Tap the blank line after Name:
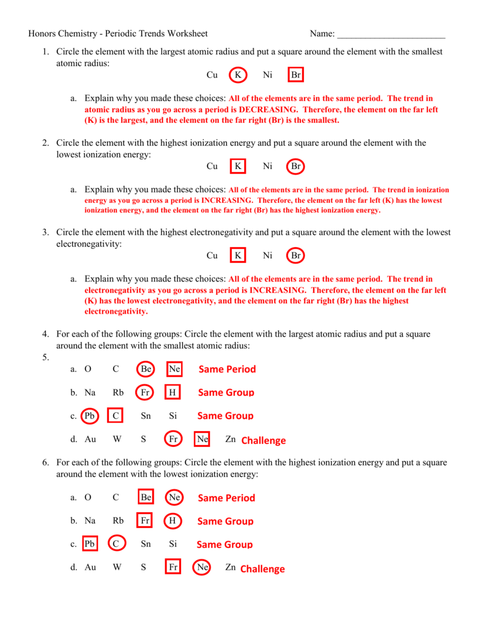(391, 35)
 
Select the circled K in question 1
(238, 75)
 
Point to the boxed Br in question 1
(296, 75)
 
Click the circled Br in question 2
(296, 166)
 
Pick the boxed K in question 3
(238, 256)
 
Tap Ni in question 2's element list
(268, 166)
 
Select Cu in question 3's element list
(212, 256)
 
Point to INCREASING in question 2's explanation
(227, 200)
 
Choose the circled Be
(145, 369)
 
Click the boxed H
(173, 392)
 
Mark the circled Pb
(90, 416)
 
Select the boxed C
(116, 416)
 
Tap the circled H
(173, 521)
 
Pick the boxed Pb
(90, 544)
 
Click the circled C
(116, 544)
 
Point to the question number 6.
(45, 463)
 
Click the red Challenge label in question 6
(262, 569)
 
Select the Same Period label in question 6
(226, 498)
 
